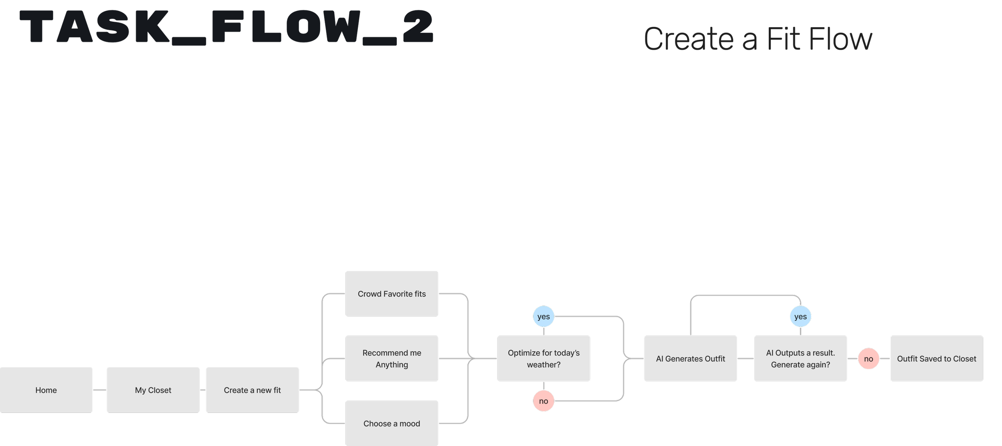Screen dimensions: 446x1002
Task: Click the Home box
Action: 46,390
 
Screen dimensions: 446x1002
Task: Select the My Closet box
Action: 153,390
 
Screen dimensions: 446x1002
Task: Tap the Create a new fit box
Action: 252,390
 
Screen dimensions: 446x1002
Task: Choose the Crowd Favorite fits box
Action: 392,294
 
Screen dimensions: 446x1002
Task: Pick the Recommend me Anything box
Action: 392,359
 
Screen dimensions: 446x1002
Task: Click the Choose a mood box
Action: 392,424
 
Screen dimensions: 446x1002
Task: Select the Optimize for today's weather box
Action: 543,359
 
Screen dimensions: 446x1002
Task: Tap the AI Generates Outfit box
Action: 690,359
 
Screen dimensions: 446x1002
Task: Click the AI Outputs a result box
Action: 800,359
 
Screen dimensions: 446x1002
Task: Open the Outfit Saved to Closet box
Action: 936,359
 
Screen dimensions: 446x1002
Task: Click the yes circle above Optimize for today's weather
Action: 543,316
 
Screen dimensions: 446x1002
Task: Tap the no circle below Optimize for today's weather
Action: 543,401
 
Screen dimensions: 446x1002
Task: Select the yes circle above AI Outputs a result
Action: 800,316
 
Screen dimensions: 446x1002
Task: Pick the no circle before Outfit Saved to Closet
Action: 869,359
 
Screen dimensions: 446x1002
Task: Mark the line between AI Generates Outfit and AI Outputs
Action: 745,359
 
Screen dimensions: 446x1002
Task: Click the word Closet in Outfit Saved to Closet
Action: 964,359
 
